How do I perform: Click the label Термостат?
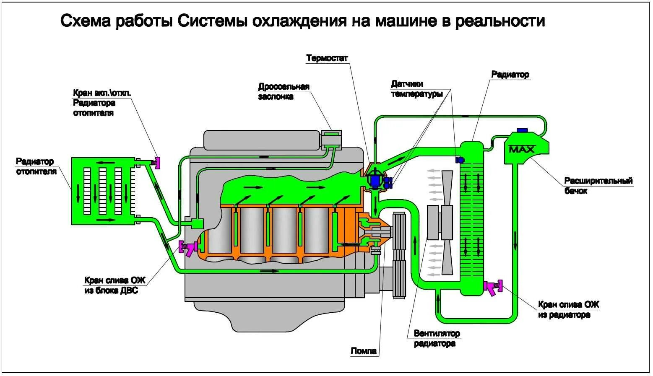327,58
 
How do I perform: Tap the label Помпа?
364,351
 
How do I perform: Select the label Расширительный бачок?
598,186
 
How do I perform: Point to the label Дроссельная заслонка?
284,92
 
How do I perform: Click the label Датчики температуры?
416,89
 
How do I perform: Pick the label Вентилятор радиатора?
437,339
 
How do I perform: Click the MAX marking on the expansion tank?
521,149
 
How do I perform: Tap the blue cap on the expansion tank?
522,130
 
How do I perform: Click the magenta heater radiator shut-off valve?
157,161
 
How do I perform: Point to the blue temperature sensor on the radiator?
460,160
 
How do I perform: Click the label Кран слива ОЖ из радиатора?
568,310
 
